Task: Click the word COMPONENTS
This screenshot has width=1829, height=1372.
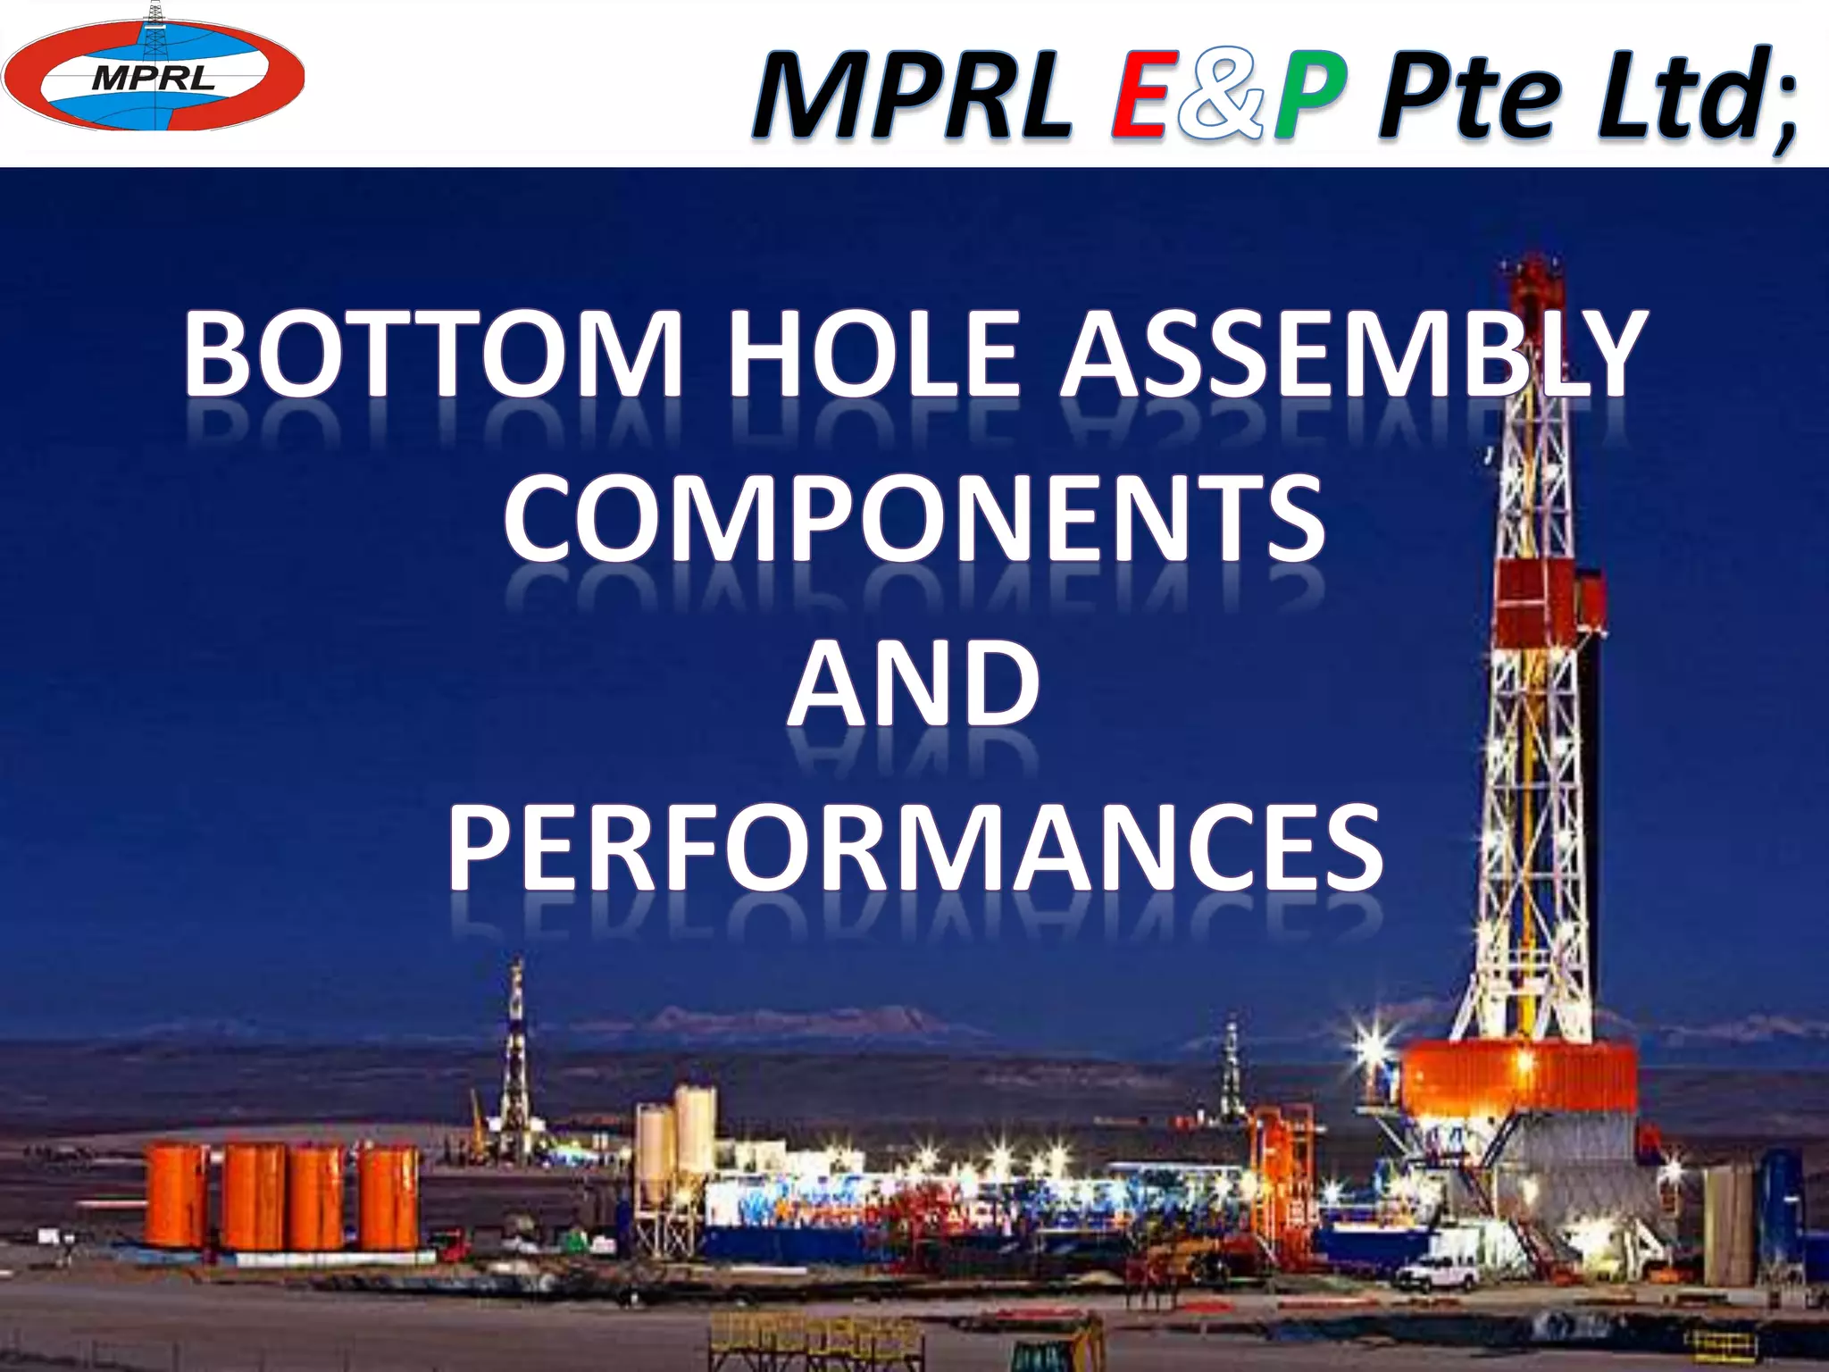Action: pos(914,520)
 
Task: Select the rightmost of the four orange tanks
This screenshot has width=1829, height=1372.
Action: pos(389,1197)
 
